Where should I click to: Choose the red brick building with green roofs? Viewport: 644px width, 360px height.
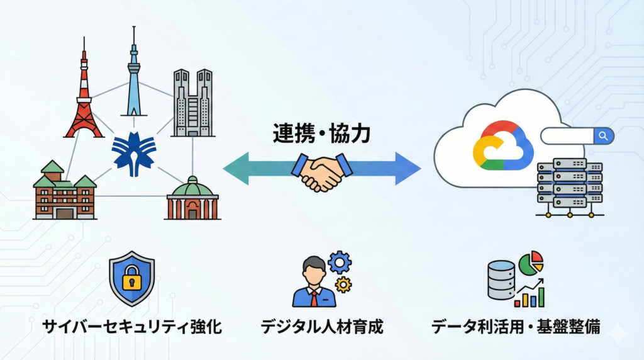point(65,192)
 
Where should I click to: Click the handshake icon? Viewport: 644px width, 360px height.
point(321,171)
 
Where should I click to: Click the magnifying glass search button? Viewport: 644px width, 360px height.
point(604,135)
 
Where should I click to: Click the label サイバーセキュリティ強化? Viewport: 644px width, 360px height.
point(132,328)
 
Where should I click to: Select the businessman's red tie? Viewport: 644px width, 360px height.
point(313,297)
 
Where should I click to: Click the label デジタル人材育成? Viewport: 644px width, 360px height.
point(322,328)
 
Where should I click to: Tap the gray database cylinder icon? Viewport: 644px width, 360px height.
point(501,280)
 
